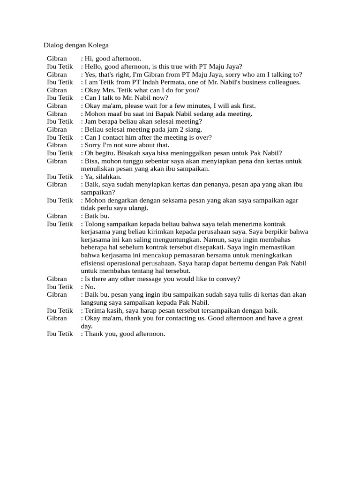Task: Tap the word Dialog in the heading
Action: point(53,45)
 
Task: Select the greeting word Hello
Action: point(94,67)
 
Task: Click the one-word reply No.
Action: point(90,287)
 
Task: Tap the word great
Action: point(294,318)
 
